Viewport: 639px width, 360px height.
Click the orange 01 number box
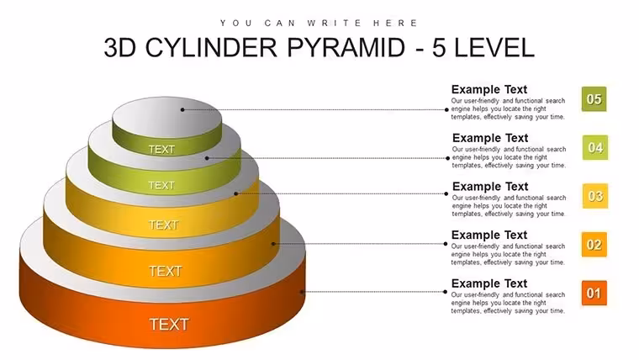point(594,294)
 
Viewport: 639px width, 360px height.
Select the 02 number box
point(594,245)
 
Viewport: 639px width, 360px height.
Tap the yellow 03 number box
point(595,196)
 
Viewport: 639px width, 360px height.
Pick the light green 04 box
point(595,147)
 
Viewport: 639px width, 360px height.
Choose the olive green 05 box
point(594,99)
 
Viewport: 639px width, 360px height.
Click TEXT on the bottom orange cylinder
point(169,325)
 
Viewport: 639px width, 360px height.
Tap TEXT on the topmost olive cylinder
point(161,150)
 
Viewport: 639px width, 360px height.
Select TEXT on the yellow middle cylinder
point(164,225)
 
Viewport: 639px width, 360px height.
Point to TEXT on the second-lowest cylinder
point(165,271)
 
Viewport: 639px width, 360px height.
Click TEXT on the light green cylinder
point(161,186)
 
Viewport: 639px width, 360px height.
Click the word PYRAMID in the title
point(346,47)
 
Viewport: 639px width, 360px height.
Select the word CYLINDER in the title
point(211,47)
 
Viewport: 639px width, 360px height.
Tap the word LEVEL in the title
point(494,47)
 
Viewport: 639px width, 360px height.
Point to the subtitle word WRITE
point(334,23)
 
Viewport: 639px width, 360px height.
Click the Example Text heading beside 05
point(489,89)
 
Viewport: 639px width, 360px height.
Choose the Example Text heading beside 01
point(489,283)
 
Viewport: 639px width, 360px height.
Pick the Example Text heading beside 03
point(490,187)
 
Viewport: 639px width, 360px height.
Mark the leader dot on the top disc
point(182,109)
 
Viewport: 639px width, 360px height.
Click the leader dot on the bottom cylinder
point(302,292)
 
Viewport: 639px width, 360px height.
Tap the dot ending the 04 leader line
point(448,158)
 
